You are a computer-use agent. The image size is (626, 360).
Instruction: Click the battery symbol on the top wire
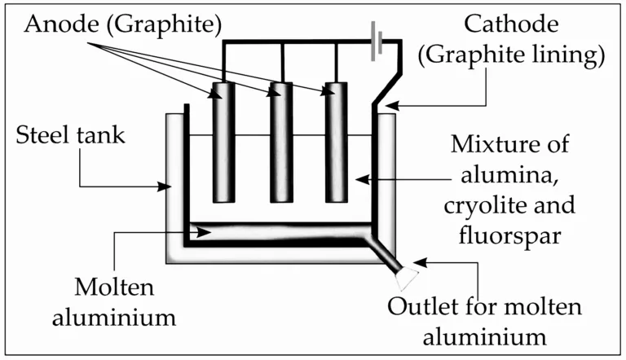[x=374, y=42]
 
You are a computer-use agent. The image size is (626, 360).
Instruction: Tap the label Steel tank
[x=71, y=134]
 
